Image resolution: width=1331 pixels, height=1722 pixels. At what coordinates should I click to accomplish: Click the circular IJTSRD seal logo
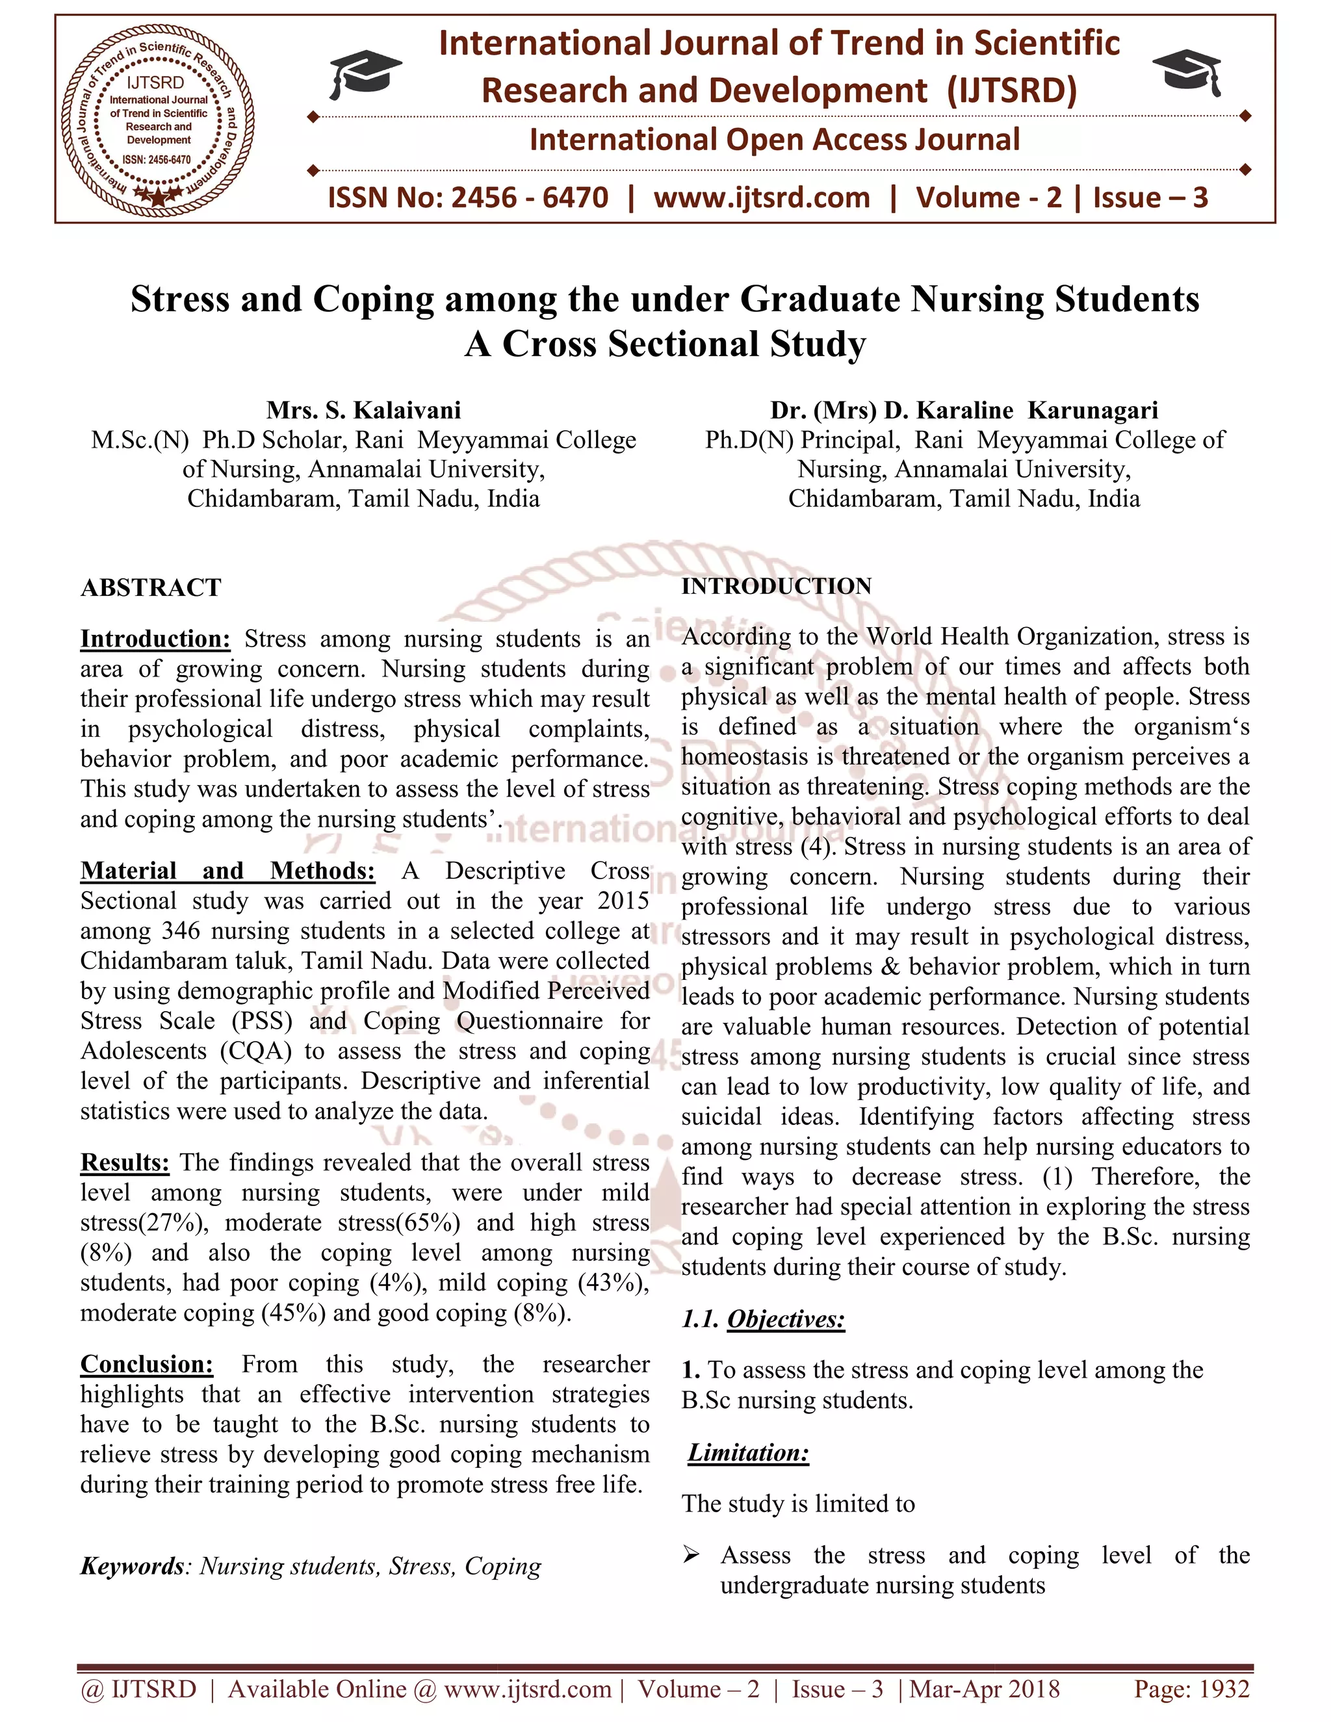point(159,119)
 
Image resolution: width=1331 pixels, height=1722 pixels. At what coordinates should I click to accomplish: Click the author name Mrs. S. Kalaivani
point(363,410)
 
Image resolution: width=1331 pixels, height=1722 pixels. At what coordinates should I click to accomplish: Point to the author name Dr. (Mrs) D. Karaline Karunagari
point(964,410)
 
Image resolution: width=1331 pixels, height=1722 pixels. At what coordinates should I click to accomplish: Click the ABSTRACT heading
point(151,587)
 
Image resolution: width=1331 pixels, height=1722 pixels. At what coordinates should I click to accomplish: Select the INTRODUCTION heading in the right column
point(776,586)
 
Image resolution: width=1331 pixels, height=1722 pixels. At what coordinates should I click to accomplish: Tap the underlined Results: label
point(125,1163)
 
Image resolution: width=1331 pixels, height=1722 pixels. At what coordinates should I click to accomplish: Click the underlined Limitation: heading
point(748,1452)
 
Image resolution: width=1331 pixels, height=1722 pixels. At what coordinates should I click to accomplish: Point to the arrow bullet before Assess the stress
point(691,1555)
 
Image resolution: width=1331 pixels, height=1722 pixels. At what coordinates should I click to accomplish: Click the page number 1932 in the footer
point(1224,1689)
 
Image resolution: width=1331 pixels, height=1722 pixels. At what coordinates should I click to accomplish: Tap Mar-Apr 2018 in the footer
point(985,1689)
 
